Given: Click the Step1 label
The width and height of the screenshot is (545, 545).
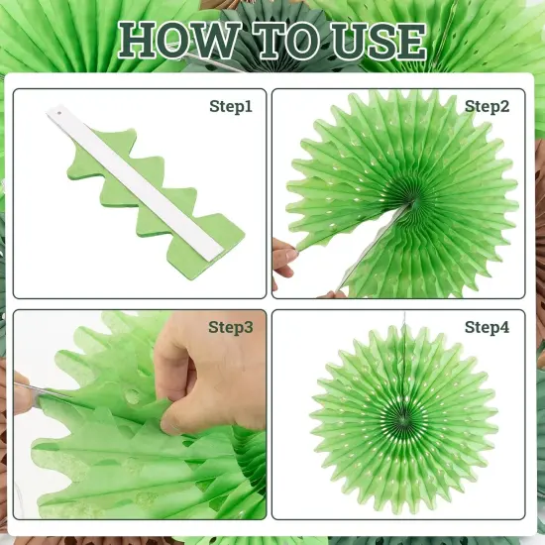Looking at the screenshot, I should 231,105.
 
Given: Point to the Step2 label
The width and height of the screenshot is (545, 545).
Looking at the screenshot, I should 487,105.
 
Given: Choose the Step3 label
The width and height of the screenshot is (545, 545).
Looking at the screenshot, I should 230,326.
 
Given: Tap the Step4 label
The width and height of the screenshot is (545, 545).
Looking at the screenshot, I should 487,326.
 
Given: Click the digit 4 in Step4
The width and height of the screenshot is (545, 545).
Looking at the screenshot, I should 504,326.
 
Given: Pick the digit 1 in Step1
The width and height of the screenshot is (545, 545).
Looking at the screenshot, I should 248,105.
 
